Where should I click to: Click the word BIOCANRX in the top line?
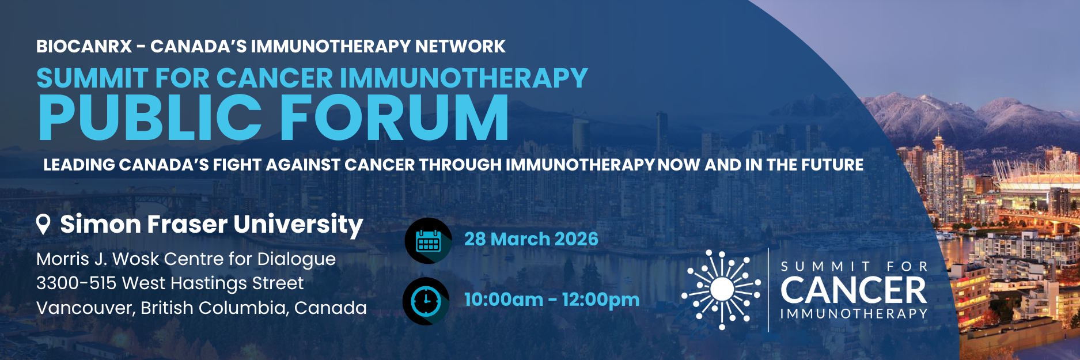click(84, 46)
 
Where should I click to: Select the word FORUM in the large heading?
click(394, 118)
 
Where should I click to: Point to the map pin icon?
click(43, 224)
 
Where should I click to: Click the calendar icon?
click(428, 241)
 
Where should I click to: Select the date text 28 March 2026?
click(531, 239)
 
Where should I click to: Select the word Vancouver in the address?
click(85, 308)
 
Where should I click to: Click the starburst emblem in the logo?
click(722, 289)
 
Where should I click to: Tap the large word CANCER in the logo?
click(854, 290)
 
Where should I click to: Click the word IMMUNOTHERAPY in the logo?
click(854, 314)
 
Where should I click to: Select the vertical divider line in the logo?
click(769, 289)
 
